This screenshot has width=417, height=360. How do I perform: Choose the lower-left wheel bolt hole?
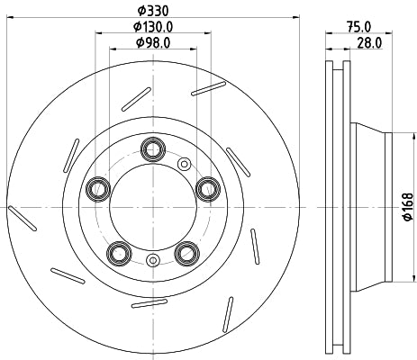[117, 252]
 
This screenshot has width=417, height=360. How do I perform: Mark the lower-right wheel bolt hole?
[186, 252]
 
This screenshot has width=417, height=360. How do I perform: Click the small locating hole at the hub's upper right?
[185, 164]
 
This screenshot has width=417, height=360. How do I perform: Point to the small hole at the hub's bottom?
[152, 261]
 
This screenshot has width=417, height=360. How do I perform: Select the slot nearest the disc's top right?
[209, 87]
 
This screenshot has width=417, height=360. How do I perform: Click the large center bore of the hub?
[152, 207]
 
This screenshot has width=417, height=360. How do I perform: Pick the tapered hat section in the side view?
[369, 208]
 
